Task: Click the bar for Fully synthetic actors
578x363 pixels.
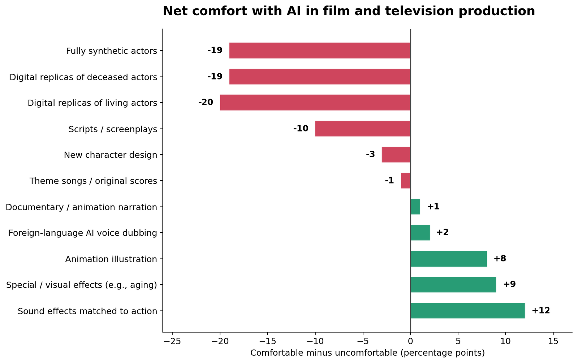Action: click(x=320, y=51)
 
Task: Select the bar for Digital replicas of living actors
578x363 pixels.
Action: click(x=315, y=103)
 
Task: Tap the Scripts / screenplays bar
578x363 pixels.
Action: click(x=363, y=129)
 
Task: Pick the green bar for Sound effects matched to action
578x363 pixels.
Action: click(x=467, y=311)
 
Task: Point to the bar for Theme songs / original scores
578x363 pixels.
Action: click(x=406, y=181)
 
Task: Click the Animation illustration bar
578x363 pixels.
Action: click(x=449, y=259)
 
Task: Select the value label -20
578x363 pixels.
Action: click(x=206, y=103)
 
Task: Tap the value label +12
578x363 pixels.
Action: click(x=541, y=310)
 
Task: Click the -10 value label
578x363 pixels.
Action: click(x=301, y=129)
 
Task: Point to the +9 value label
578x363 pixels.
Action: click(x=510, y=284)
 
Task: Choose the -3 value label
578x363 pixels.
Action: click(x=370, y=154)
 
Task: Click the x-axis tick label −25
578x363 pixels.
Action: click(x=172, y=342)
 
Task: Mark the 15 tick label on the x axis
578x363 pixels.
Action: click(x=553, y=342)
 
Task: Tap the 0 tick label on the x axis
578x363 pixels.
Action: click(x=410, y=342)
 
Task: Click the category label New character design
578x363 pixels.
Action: click(x=111, y=155)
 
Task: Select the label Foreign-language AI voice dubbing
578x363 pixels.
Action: click(x=83, y=233)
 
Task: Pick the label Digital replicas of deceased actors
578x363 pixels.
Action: click(x=83, y=77)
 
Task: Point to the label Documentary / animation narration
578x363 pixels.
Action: click(x=81, y=207)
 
